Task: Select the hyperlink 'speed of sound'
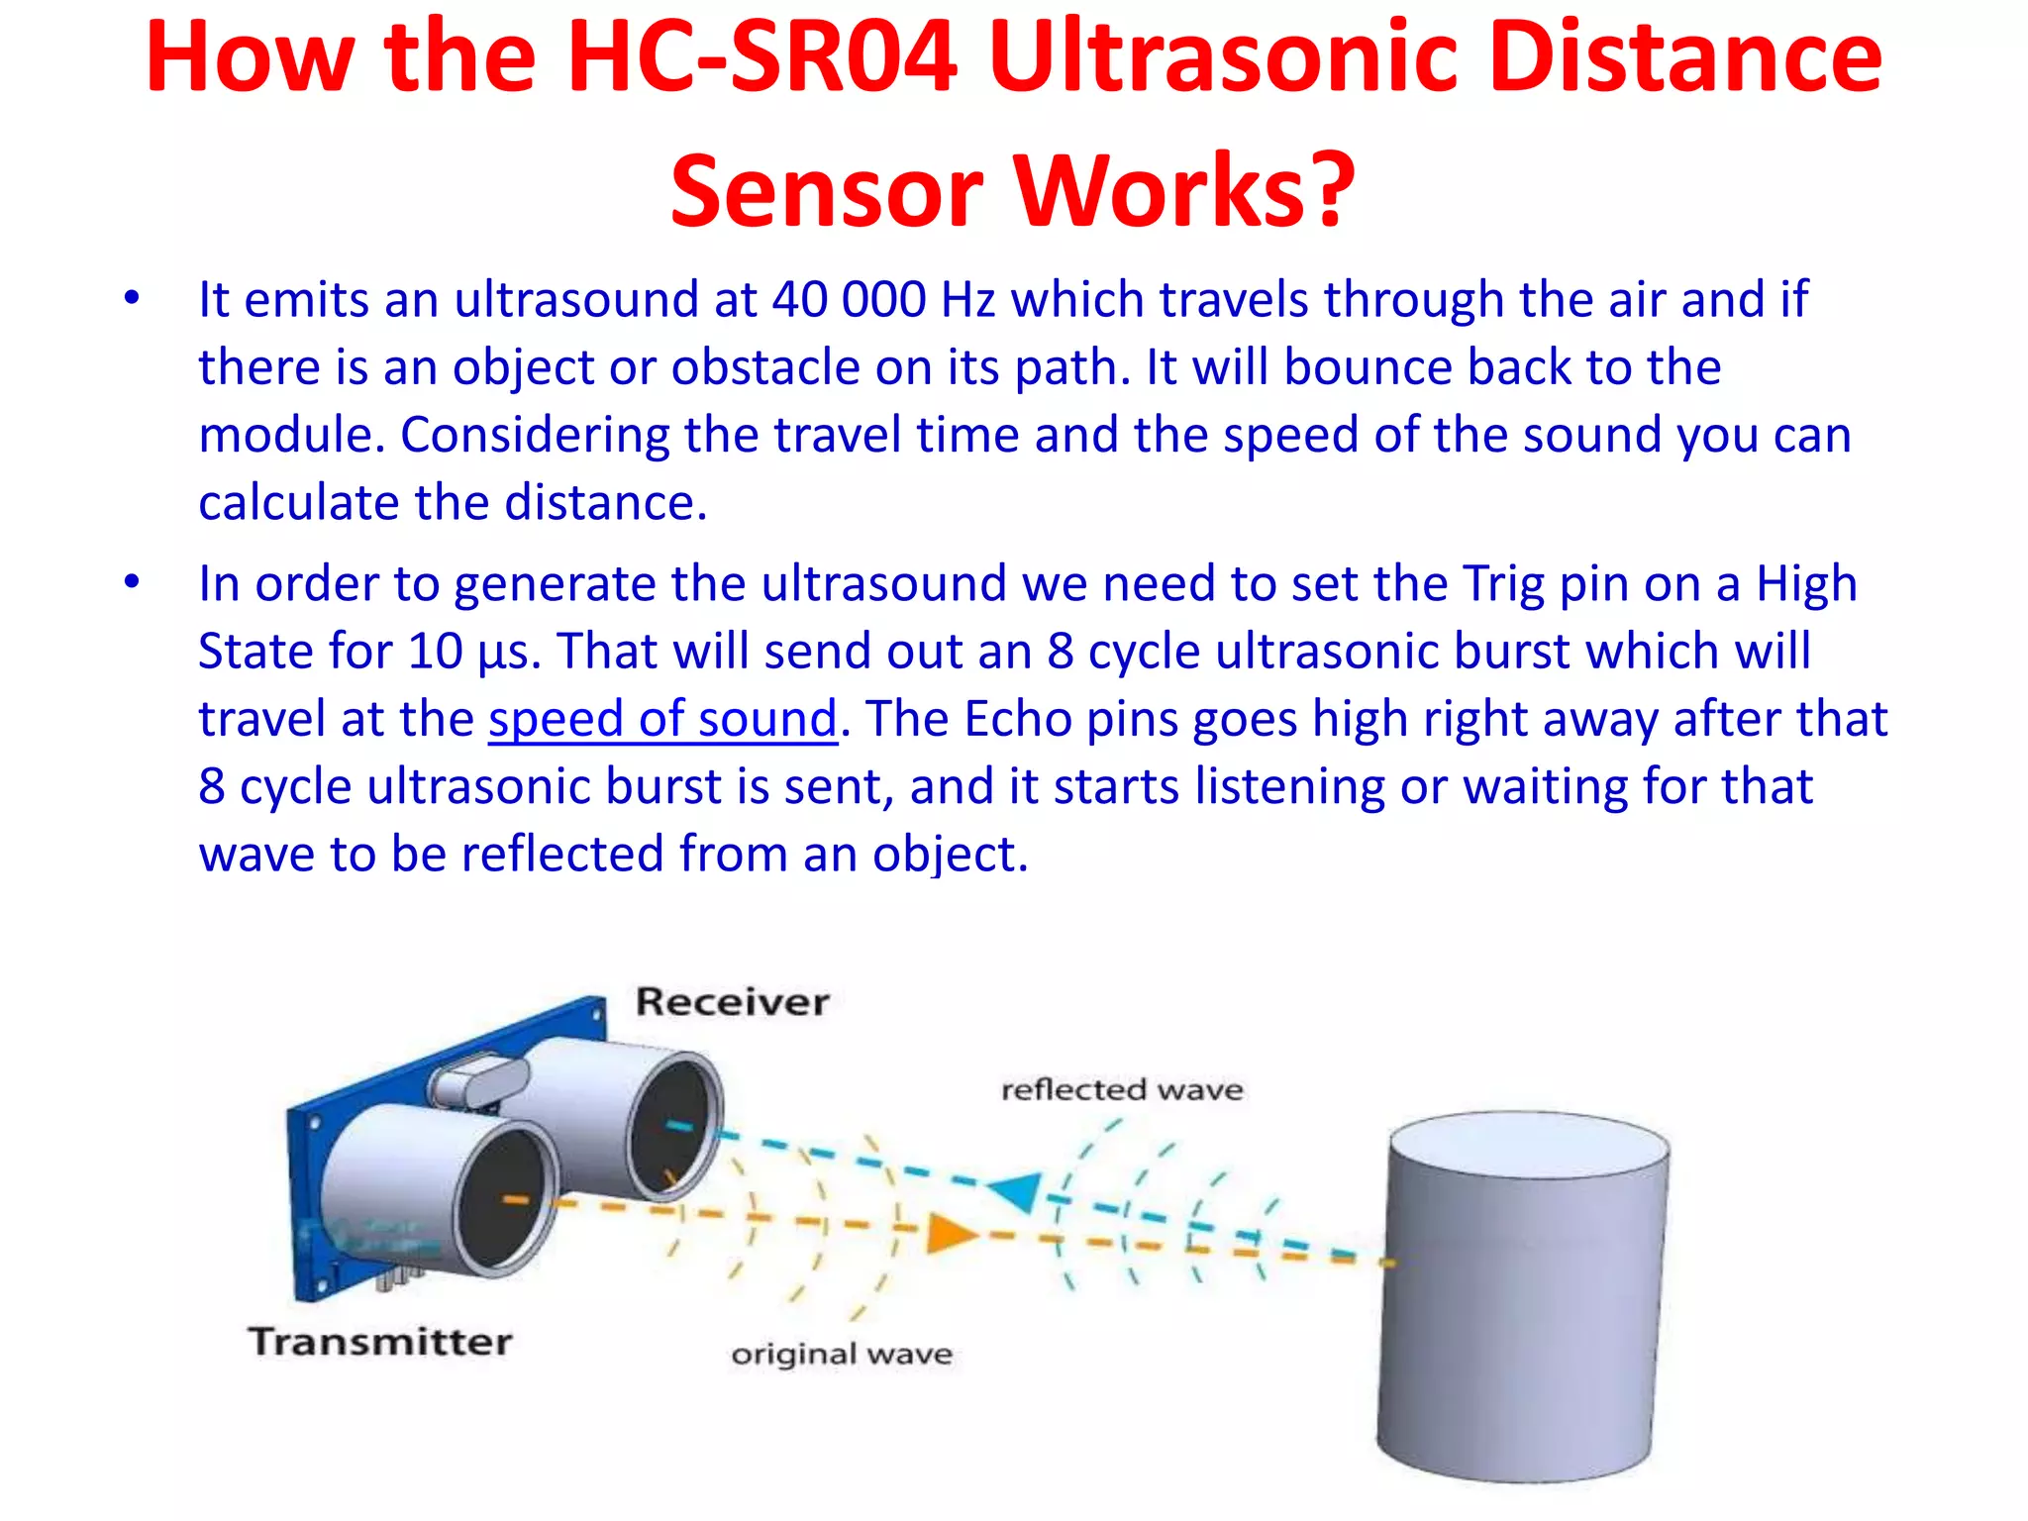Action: point(662,719)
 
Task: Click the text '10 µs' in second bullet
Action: point(473,652)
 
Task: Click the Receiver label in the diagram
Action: point(732,1002)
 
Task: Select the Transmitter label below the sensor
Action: point(380,1342)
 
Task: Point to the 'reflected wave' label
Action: point(1122,1090)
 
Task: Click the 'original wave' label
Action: point(842,1354)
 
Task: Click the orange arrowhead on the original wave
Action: point(950,1234)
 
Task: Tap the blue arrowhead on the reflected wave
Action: point(1017,1190)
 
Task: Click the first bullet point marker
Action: point(132,298)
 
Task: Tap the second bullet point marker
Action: point(132,582)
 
